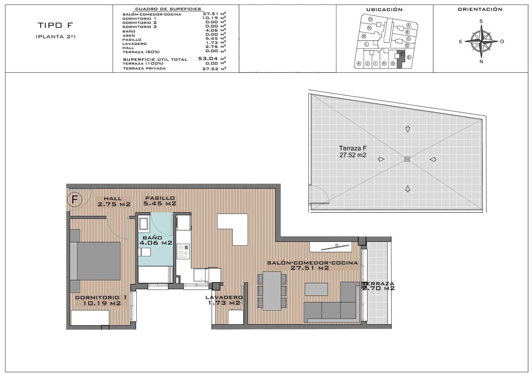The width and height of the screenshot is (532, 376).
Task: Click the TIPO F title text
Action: click(x=55, y=25)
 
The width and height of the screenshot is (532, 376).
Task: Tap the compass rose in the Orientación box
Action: click(x=481, y=41)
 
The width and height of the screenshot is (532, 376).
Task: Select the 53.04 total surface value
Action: click(x=208, y=59)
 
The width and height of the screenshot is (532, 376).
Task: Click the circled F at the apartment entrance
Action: click(x=74, y=200)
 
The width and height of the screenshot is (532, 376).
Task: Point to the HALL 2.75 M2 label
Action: click(x=114, y=202)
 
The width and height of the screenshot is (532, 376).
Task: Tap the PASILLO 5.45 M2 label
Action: click(x=160, y=201)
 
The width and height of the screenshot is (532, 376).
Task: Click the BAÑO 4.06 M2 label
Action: click(x=156, y=240)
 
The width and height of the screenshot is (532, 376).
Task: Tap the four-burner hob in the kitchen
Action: click(x=183, y=251)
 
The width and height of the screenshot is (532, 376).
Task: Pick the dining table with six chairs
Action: click(x=272, y=291)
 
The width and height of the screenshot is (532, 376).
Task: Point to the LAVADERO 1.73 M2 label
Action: click(x=224, y=300)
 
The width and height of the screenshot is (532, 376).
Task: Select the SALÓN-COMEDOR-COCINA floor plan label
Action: click(x=312, y=265)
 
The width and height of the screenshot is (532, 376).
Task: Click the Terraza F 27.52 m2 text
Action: click(x=353, y=152)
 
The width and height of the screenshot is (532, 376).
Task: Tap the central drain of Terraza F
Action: click(x=407, y=159)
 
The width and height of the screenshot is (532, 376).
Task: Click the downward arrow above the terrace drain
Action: click(x=408, y=129)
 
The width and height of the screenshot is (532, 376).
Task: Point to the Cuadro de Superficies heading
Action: click(x=168, y=9)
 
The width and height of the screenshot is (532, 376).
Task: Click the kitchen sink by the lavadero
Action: click(x=201, y=275)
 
